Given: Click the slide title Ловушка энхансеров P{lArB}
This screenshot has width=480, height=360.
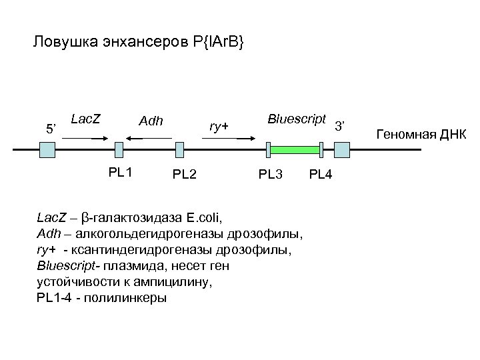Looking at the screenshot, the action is tap(138, 43).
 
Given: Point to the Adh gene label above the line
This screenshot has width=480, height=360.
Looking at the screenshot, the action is tap(151, 122).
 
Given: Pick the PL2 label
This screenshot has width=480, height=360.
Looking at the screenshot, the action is tap(184, 175).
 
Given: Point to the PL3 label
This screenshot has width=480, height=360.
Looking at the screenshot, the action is tap(271, 175).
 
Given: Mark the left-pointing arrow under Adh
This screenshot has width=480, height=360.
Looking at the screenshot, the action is tap(148, 138).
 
